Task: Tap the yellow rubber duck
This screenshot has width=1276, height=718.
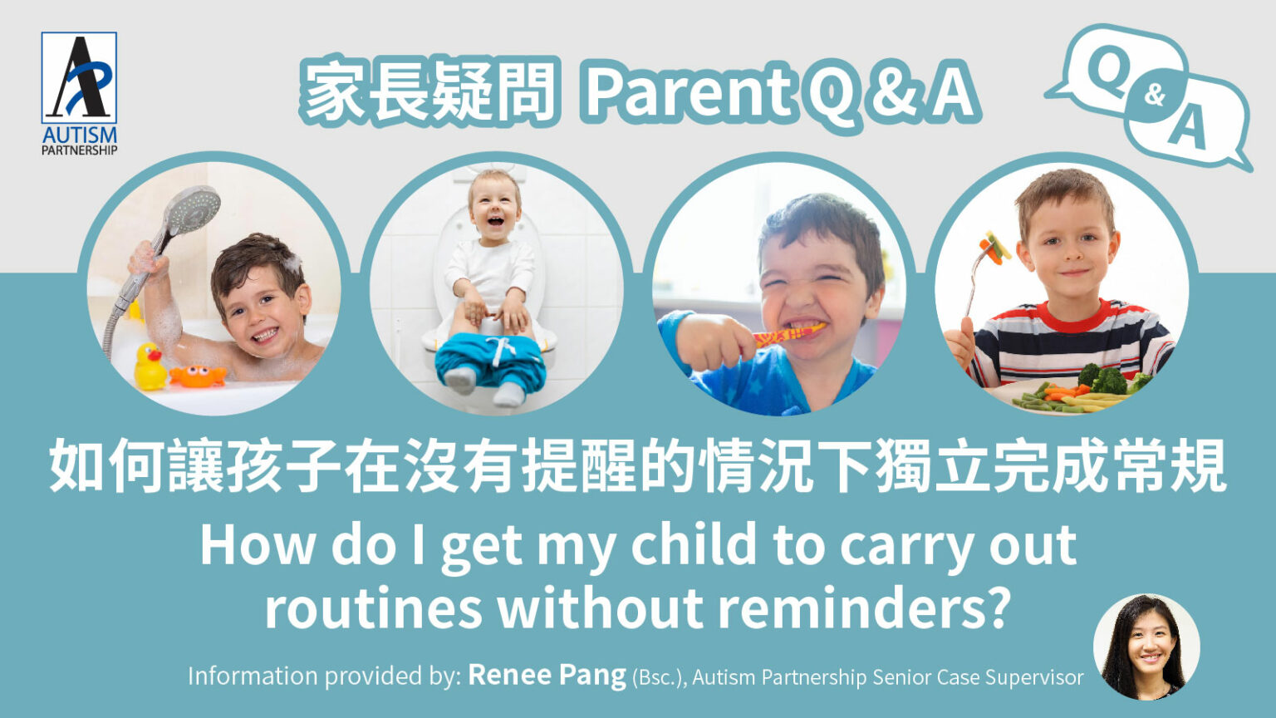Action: click(x=150, y=367)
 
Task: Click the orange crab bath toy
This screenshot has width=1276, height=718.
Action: click(x=197, y=376)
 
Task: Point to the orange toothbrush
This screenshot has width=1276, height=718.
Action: click(x=788, y=335)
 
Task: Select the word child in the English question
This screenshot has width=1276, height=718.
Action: click(x=694, y=545)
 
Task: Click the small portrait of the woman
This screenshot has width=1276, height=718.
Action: click(x=1146, y=647)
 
